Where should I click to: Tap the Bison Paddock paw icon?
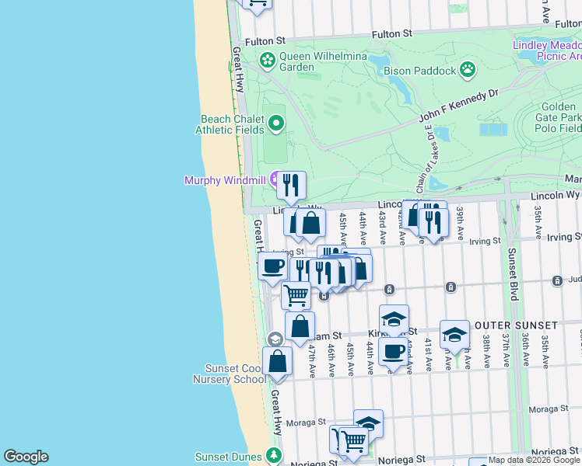[467, 71]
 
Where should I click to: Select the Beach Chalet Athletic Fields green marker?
[275, 123]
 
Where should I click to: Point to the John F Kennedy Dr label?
[458, 106]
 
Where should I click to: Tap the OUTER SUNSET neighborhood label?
[516, 325]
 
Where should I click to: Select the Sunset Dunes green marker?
[273, 455]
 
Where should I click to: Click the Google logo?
[26, 457]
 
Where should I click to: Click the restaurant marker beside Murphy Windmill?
[291, 185]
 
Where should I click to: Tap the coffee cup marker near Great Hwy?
[272, 266]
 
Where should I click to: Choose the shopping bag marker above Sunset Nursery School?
[277, 361]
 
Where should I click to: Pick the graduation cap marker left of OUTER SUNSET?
[454, 334]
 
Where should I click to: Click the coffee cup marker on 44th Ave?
[394, 350]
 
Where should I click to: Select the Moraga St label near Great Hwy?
[304, 423]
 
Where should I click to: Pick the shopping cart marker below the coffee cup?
[296, 295]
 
